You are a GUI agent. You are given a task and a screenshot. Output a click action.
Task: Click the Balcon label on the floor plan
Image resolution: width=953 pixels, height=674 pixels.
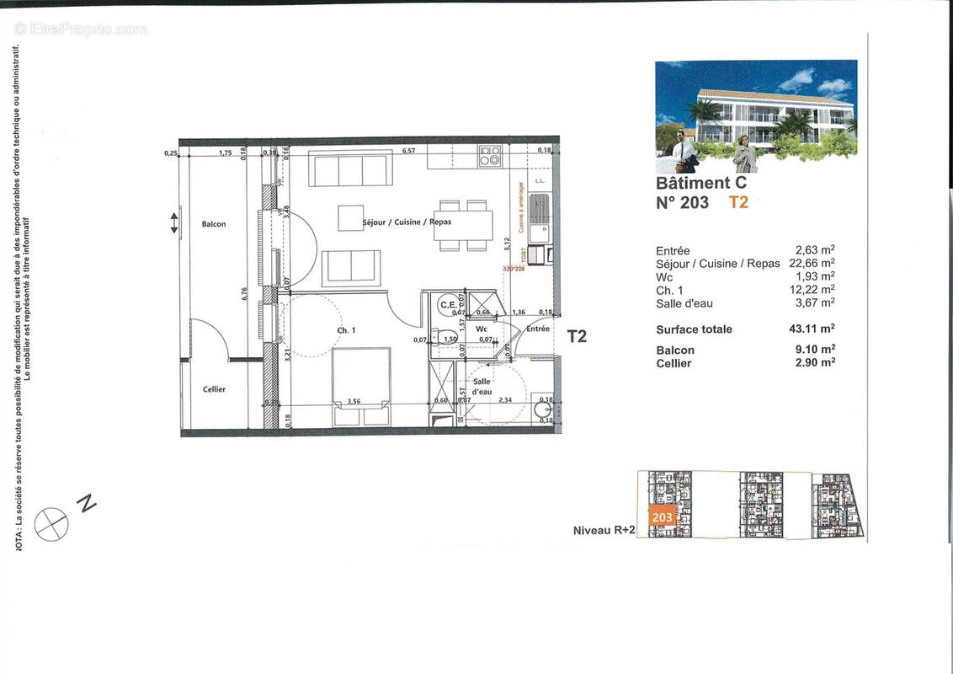pos(214,224)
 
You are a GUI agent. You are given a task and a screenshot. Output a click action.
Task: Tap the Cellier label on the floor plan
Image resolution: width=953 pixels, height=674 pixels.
pos(214,389)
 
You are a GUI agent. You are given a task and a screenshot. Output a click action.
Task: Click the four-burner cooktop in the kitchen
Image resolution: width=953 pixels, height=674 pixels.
pos(489,156)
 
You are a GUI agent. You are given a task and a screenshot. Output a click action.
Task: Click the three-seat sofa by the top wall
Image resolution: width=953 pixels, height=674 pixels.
pos(350,168)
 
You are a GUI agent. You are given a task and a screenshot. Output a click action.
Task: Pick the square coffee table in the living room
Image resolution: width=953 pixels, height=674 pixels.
pos(351,217)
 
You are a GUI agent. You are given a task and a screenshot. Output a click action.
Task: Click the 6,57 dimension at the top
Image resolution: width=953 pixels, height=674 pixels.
pos(409,151)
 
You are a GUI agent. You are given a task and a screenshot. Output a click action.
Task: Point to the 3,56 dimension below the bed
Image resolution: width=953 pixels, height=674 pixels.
pos(354,402)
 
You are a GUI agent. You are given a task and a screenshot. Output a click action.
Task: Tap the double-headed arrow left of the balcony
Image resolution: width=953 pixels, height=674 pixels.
pos(174,223)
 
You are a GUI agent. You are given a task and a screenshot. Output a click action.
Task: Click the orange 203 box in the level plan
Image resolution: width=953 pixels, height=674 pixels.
pos(663,516)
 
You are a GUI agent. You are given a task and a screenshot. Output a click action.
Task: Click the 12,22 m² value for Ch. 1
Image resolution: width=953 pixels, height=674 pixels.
pos(814,290)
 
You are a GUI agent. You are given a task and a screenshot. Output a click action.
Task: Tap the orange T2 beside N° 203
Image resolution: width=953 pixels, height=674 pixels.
pos(738,202)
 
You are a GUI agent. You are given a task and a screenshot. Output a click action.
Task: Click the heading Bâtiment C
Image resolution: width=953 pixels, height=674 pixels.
pos(700,183)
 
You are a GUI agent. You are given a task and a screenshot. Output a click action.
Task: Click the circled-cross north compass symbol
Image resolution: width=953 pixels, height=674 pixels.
pos(51,524)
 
